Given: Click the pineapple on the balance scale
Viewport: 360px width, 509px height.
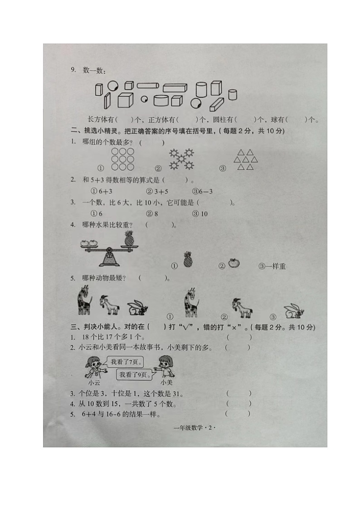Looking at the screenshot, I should click(x=129, y=238).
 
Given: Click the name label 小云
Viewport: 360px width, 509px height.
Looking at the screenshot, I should click(x=94, y=382).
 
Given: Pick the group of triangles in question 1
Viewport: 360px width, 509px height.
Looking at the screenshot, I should click(x=245, y=160).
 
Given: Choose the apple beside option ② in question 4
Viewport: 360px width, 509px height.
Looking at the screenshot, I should click(x=234, y=263).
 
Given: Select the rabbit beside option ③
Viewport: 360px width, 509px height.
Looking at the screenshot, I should click(x=294, y=311).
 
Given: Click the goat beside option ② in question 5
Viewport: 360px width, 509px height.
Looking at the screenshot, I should click(x=242, y=308).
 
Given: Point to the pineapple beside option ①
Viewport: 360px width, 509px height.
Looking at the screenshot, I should click(x=188, y=260).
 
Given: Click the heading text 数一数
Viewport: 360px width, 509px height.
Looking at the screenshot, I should click(x=94, y=70).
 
